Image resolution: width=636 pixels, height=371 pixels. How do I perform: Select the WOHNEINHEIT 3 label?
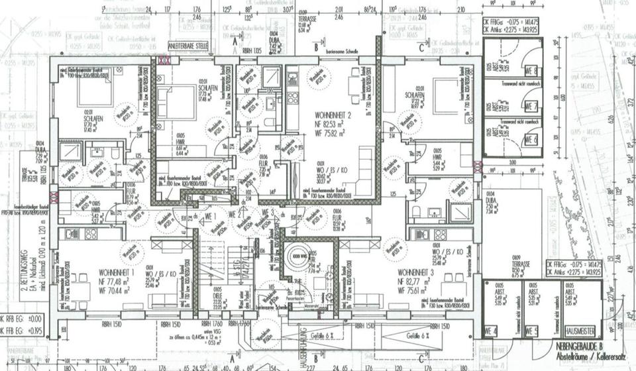click(417, 272)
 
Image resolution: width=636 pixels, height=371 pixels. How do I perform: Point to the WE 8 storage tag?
click(531, 70)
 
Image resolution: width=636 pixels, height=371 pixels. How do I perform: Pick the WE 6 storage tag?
click(531, 140)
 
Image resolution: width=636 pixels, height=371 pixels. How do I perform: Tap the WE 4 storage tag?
click(491, 330)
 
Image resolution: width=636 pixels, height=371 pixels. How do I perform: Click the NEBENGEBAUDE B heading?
click(579, 345)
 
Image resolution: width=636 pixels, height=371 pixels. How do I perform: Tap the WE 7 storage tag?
click(531, 106)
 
